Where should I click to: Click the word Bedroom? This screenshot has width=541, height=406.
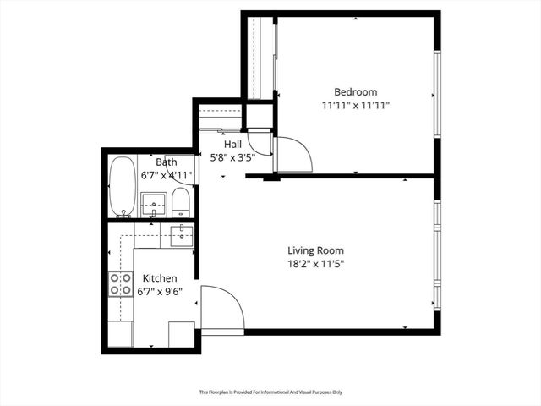pyautogui.click(x=355, y=92)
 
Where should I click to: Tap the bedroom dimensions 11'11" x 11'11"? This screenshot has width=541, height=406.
pyautogui.click(x=355, y=106)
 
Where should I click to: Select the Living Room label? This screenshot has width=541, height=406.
pyautogui.click(x=315, y=250)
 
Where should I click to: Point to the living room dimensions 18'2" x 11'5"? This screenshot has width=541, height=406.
pyautogui.click(x=315, y=264)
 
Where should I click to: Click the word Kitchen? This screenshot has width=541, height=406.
pyautogui.click(x=159, y=278)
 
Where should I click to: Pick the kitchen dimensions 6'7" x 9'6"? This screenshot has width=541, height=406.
pyautogui.click(x=159, y=292)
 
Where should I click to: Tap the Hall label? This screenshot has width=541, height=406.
pyautogui.click(x=232, y=145)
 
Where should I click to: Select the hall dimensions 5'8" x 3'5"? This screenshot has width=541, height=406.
pyautogui.click(x=232, y=157)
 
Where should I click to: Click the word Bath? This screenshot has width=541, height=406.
pyautogui.click(x=166, y=162)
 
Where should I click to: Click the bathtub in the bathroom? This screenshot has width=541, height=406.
pyautogui.click(x=123, y=186)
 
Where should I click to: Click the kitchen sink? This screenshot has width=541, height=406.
pyautogui.click(x=182, y=235)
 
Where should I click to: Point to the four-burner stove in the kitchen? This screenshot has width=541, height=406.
pyautogui.click(x=121, y=284)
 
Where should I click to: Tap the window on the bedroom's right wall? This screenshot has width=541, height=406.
pyautogui.click(x=437, y=93)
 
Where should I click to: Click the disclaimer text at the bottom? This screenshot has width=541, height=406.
pyautogui.click(x=270, y=392)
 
